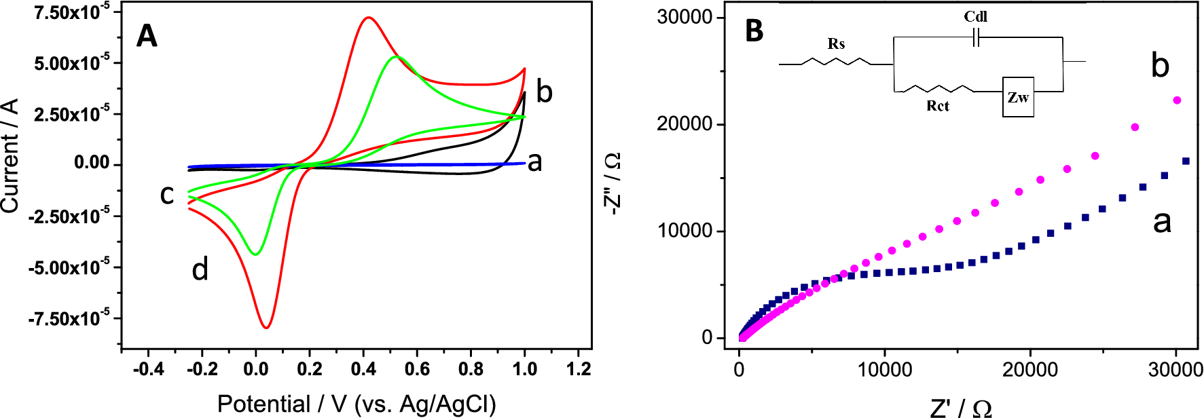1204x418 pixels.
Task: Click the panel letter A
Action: pyautogui.click(x=147, y=35)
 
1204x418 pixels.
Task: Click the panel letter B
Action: pyautogui.click(x=754, y=31)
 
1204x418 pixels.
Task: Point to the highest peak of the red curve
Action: pyautogui.click(x=368, y=18)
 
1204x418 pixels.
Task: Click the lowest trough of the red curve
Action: pyautogui.click(x=267, y=328)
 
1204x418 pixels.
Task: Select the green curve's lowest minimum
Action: pyautogui.click(x=255, y=254)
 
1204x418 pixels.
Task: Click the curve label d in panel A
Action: pyautogui.click(x=200, y=270)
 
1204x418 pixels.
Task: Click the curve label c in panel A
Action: pyautogui.click(x=166, y=195)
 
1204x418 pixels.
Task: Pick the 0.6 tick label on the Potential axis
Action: pyautogui.click(x=416, y=369)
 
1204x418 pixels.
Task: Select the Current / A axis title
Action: pyautogui.click(x=10, y=156)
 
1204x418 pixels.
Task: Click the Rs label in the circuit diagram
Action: pyautogui.click(x=836, y=44)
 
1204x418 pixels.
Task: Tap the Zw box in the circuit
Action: pyautogui.click(x=1018, y=97)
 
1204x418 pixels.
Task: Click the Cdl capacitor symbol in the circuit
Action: pyautogui.click(x=976, y=38)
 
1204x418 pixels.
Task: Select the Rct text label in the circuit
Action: pyautogui.click(x=938, y=106)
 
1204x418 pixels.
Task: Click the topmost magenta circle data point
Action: pyautogui.click(x=1177, y=100)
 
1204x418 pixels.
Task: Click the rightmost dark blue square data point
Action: pyautogui.click(x=1186, y=161)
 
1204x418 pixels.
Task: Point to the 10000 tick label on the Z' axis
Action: pyautogui.click(x=884, y=369)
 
